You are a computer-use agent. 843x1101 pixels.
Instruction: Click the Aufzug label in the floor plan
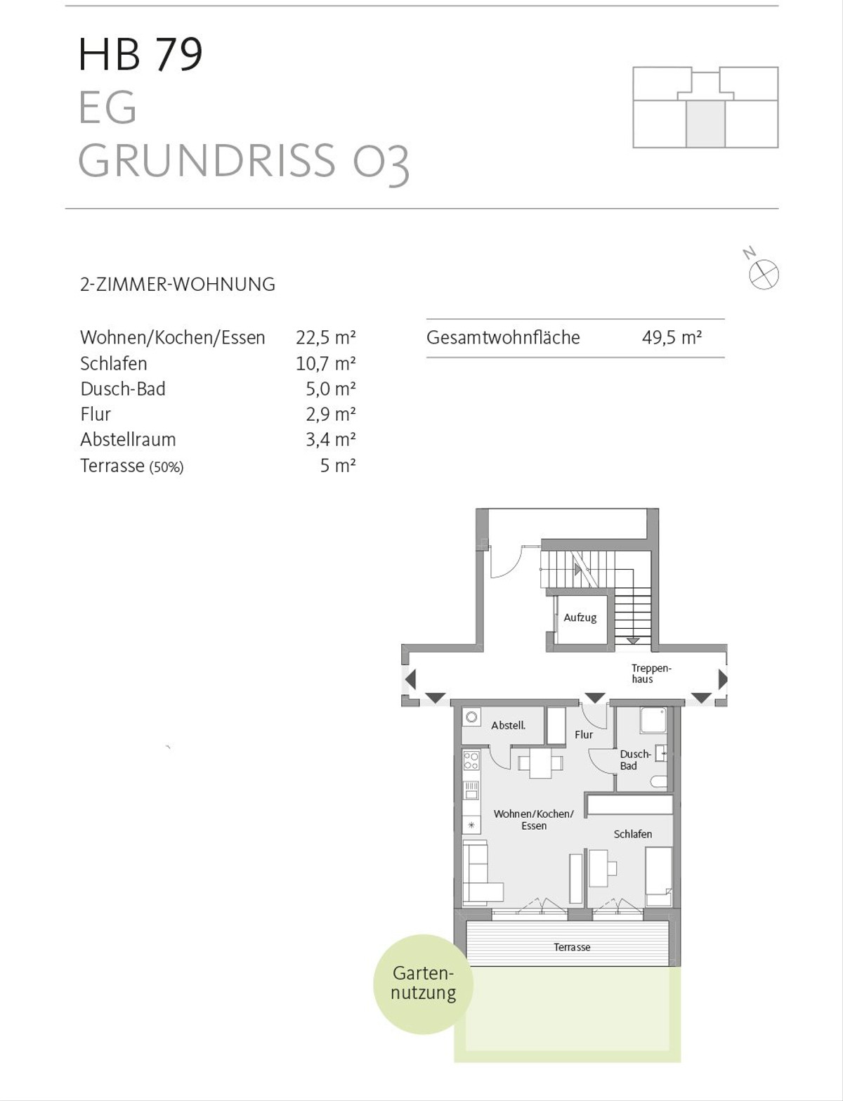(x=580, y=618)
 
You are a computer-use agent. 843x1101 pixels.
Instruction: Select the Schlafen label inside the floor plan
(x=633, y=834)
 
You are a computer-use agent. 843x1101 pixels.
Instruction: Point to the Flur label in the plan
(x=584, y=735)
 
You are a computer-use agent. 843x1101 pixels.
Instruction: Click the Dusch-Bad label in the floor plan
(x=635, y=760)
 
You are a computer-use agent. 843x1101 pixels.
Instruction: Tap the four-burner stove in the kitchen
(x=471, y=760)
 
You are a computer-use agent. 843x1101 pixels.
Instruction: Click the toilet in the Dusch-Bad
(x=658, y=782)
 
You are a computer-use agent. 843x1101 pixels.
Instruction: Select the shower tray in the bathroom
(x=653, y=720)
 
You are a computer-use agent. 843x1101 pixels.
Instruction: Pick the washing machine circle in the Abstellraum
(x=472, y=717)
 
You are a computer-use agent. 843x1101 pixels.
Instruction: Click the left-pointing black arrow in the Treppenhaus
(x=410, y=679)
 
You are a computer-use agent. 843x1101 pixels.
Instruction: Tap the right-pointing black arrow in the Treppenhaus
(x=723, y=679)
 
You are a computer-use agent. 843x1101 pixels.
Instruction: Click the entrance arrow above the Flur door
(x=595, y=698)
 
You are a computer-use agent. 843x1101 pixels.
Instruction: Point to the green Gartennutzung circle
(x=423, y=984)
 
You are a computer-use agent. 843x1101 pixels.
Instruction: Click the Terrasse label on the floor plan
(x=572, y=947)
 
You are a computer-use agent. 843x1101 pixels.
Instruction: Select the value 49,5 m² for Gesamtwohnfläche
(x=672, y=337)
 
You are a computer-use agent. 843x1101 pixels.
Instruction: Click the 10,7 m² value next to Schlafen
(x=326, y=363)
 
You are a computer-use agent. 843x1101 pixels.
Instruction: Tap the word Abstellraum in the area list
(x=128, y=439)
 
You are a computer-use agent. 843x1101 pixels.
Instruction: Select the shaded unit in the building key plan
(x=706, y=124)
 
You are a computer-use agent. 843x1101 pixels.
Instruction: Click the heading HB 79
(x=140, y=53)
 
